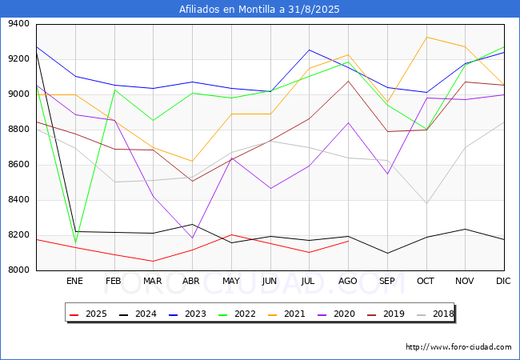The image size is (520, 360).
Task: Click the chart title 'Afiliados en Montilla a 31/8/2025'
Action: (260, 10)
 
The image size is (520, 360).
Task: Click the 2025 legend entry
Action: (90, 314)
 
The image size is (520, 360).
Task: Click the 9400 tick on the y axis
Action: (18, 24)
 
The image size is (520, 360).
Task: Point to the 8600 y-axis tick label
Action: (18, 165)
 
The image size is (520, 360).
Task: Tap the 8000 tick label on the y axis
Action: (18, 270)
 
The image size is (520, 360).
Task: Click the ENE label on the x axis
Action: (74, 281)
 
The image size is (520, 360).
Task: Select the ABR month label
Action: (191, 281)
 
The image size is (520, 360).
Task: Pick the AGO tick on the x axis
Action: (347, 281)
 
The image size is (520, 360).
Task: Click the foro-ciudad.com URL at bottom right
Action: (458, 347)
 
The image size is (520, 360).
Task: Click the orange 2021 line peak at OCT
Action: (426, 37)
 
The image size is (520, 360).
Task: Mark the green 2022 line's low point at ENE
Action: (75, 242)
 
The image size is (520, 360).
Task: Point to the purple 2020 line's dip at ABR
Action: (192, 238)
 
